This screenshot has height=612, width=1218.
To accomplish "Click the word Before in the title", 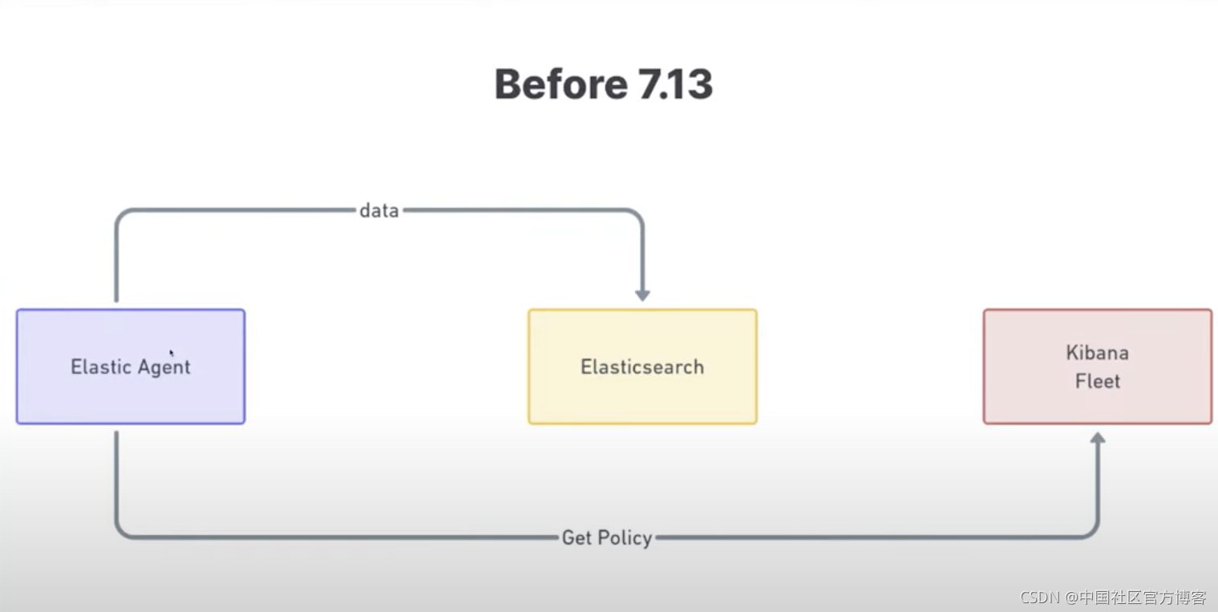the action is click(562, 84).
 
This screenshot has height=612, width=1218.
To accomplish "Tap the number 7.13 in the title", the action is click(675, 84).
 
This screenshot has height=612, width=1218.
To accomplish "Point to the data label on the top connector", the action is click(379, 210).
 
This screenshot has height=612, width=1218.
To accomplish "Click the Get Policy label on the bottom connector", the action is click(607, 538).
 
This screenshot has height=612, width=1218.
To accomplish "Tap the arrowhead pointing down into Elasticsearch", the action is click(643, 295).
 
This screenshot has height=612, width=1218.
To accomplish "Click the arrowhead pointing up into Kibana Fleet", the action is click(1098, 439).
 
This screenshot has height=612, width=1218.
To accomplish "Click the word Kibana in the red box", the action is click(1097, 352).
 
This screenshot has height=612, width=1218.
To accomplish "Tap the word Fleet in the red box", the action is click(1097, 381).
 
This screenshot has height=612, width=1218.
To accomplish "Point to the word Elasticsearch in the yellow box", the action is click(642, 367).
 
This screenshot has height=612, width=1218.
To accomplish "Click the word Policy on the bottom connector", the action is click(625, 538).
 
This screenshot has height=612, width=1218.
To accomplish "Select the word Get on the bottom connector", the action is click(577, 538).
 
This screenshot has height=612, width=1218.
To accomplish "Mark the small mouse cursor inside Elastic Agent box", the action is click(172, 353).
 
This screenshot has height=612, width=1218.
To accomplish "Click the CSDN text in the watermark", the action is click(1040, 598).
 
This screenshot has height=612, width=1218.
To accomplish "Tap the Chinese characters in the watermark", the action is click(1143, 598).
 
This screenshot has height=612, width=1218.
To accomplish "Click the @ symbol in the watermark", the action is click(1071, 598).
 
